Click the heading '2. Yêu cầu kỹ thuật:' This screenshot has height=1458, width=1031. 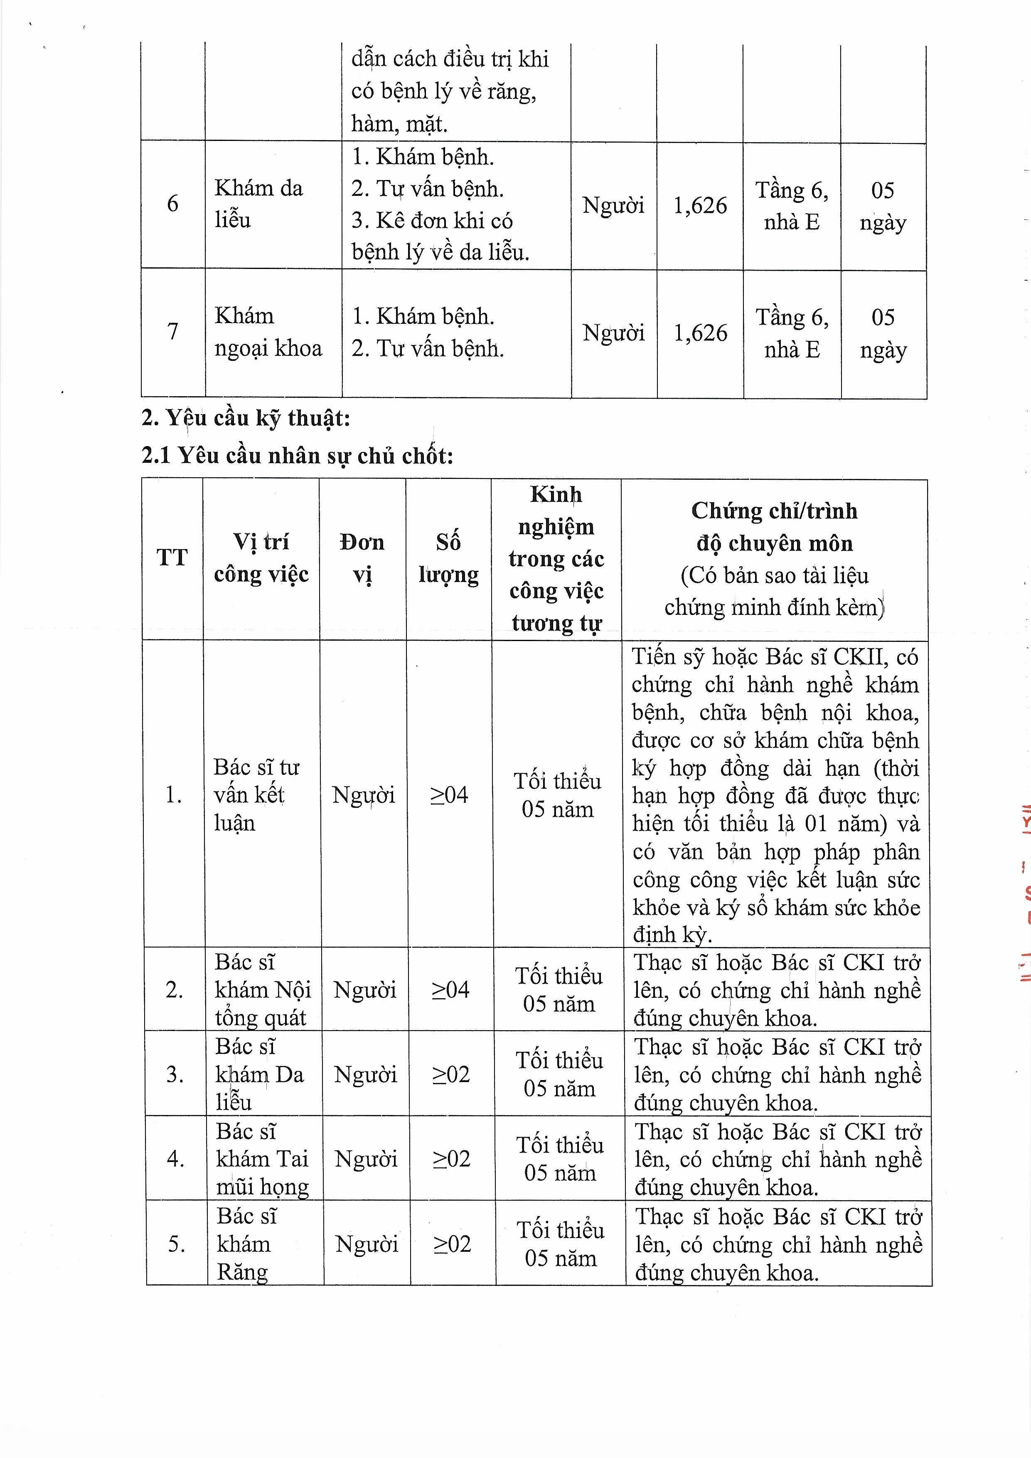(x=246, y=419)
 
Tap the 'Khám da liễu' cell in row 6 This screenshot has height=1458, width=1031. (x=258, y=204)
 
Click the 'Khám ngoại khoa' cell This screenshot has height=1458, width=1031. (x=268, y=332)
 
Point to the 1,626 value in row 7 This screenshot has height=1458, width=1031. (x=700, y=333)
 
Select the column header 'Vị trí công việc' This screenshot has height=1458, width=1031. (x=261, y=558)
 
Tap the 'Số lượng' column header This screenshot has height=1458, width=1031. (x=448, y=558)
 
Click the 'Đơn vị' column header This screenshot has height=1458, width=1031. (x=362, y=558)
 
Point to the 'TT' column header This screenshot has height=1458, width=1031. (x=172, y=558)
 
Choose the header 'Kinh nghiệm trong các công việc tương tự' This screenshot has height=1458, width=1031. (x=556, y=558)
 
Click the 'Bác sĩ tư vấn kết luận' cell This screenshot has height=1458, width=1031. (x=256, y=794)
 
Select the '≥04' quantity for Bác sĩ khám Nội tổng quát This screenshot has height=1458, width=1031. (x=450, y=989)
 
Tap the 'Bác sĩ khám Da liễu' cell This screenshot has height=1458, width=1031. (x=259, y=1074)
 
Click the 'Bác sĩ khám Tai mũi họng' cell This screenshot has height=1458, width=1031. (x=261, y=1159)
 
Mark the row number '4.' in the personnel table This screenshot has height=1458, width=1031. (x=176, y=1159)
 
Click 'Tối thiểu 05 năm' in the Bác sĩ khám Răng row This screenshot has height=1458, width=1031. (x=560, y=1244)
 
